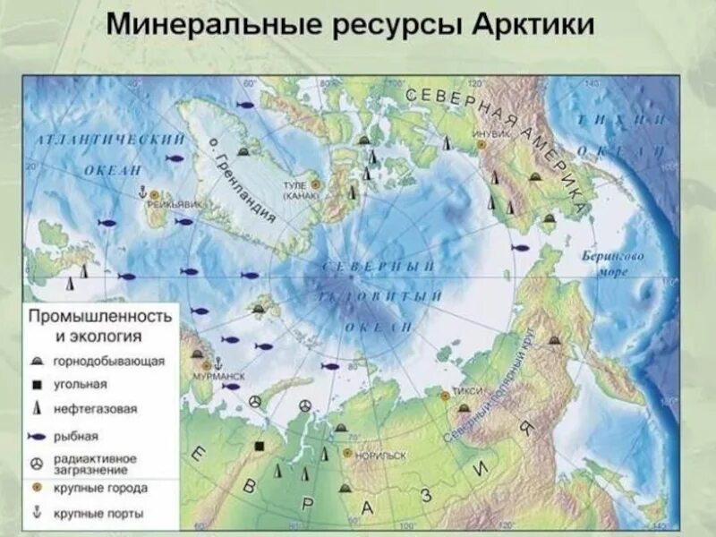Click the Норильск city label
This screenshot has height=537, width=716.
pyautogui.click(x=380, y=455)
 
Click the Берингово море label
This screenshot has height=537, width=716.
pyautogui.click(x=612, y=262)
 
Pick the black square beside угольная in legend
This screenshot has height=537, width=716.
pyautogui.click(x=36, y=384)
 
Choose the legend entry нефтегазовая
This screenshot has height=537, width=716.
pyautogui.click(x=95, y=409)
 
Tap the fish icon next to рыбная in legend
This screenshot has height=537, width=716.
pyautogui.click(x=37, y=438)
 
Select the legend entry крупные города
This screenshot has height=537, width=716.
pyautogui.click(x=100, y=488)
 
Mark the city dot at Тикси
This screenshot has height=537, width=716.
pyautogui.click(x=444, y=395)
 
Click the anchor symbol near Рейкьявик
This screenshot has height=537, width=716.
pyautogui.click(x=141, y=192)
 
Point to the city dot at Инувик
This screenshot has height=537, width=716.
pyautogui.click(x=482, y=143)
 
